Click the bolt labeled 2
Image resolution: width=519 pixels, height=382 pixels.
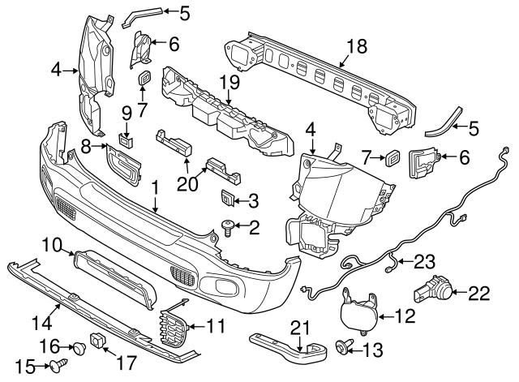click(x=228, y=229)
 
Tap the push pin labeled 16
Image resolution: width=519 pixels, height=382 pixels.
click(x=80, y=350)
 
